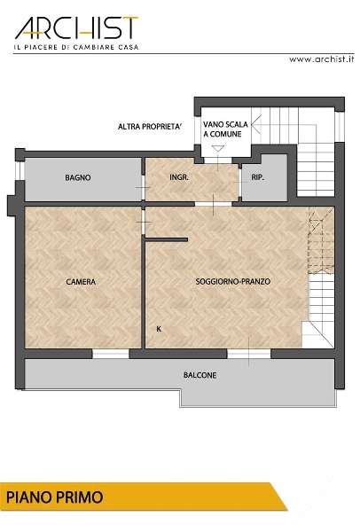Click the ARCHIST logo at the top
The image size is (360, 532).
76,27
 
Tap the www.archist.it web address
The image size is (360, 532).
321,59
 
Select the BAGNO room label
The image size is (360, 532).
78,177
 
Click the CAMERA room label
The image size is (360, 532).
81,282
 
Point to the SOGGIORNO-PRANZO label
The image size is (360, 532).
233,281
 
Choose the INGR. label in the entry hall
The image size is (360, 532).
179,177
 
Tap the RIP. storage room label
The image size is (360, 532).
257,177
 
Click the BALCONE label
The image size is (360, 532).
200,375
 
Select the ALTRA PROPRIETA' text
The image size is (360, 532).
150,127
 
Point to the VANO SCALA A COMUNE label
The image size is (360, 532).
225,129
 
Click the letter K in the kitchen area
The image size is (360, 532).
159,329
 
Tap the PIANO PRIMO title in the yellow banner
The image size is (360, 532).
55,497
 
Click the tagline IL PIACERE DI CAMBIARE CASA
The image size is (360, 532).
76,47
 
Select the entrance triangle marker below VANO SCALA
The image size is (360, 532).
217,148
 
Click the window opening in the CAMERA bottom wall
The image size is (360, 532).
111,354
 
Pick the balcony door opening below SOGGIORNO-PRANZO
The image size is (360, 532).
248,354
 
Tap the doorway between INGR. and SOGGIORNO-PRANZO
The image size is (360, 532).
213,204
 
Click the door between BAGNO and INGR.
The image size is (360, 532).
143,188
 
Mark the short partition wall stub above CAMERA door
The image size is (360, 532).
167,239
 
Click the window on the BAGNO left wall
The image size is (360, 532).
20,170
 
